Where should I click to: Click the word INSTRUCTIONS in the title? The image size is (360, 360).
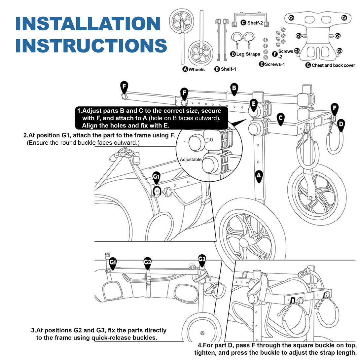91,46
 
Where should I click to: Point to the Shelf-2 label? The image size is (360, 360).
255,23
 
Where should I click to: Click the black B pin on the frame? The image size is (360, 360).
234,89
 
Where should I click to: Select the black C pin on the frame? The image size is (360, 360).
280,119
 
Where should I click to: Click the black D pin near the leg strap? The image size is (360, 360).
342,125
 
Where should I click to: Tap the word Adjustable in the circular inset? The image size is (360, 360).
191,160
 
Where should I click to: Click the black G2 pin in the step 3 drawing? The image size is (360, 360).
148,263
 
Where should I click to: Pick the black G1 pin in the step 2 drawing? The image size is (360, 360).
156,177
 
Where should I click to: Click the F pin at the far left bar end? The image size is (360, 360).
124,87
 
